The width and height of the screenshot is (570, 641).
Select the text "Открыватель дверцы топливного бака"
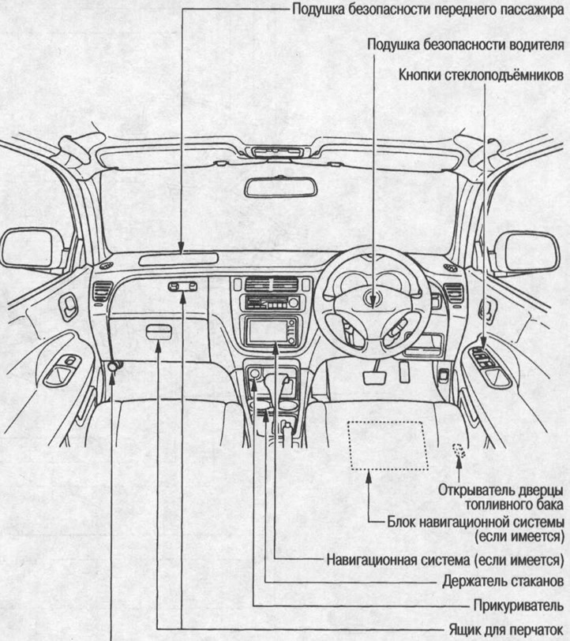click(501, 497)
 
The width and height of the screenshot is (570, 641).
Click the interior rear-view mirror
click(280, 187)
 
